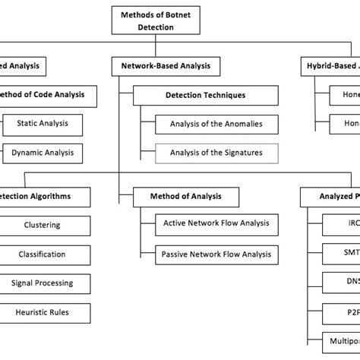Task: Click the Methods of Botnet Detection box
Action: [x=146, y=21]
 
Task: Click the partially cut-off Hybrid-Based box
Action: [x=330, y=67]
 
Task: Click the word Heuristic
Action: [x=30, y=312]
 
